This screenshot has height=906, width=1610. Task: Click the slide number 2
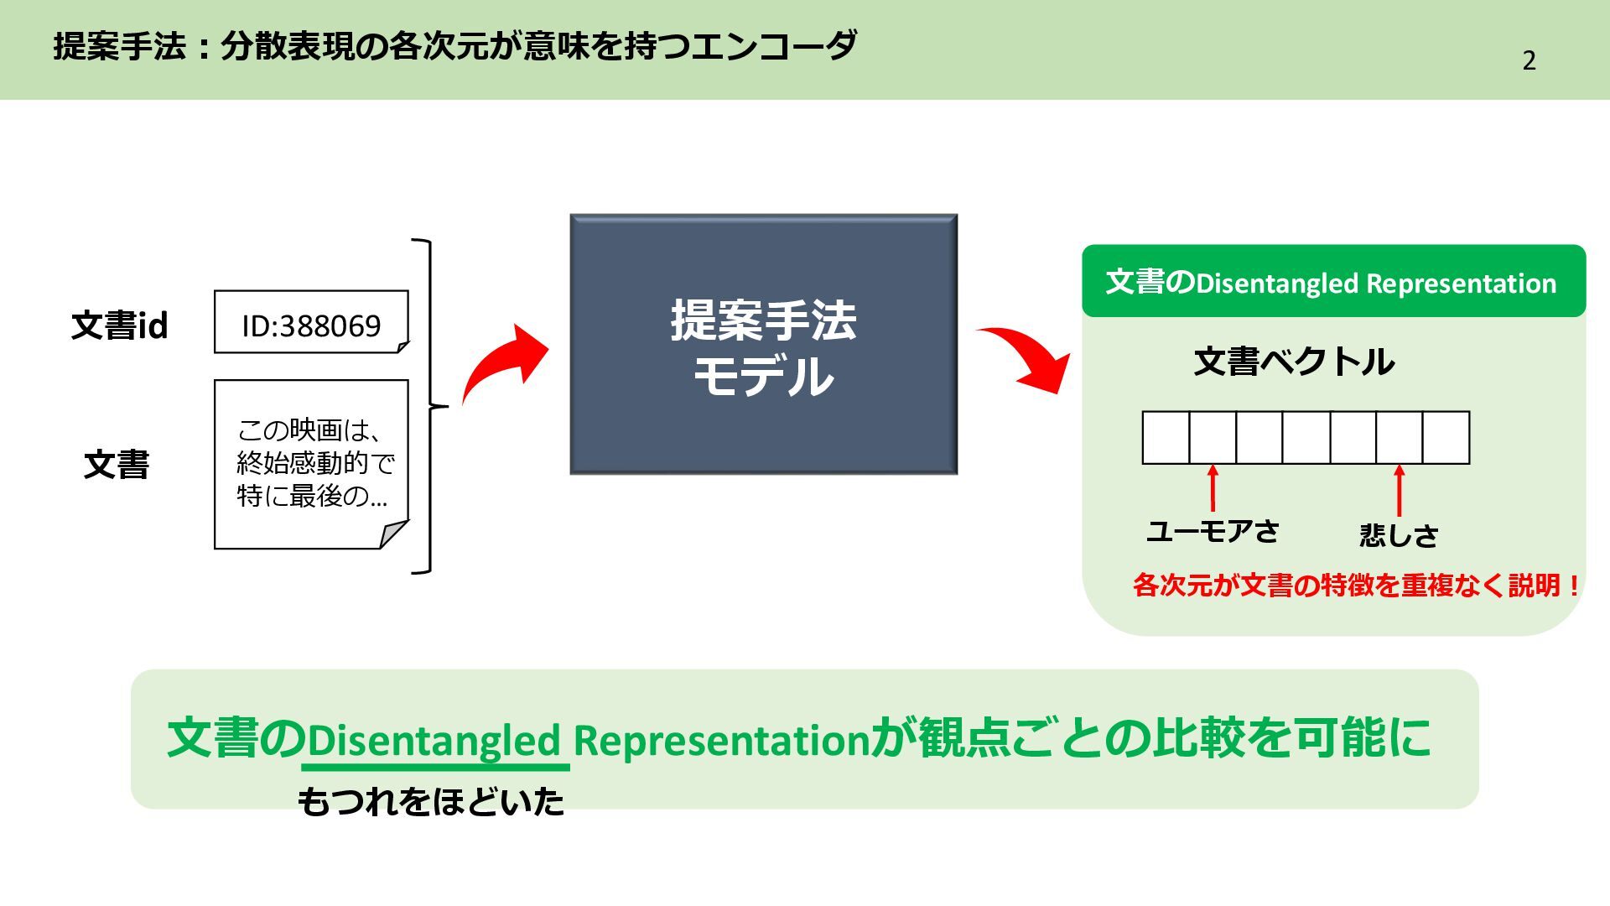pyautogui.click(x=1529, y=60)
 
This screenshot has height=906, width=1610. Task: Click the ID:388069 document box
pyautogui.click(x=311, y=323)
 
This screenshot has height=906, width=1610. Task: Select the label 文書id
pyautogui.click(x=119, y=325)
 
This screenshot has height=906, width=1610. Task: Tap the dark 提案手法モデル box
pyautogui.click(x=763, y=344)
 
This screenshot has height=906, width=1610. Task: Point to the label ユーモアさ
pyautogui.click(x=1212, y=531)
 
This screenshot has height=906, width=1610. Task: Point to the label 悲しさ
pyautogui.click(x=1398, y=535)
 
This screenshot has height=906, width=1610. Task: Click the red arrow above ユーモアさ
pyautogui.click(x=1213, y=488)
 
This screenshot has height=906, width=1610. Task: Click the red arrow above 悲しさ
pyautogui.click(x=1399, y=491)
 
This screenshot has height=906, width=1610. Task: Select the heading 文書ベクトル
pyautogui.click(x=1294, y=362)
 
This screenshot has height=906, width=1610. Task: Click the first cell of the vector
pyautogui.click(x=1166, y=437)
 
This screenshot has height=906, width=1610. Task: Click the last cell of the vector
pyautogui.click(x=1446, y=437)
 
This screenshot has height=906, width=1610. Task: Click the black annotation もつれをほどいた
pyautogui.click(x=431, y=802)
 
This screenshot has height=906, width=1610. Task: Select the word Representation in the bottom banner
pyautogui.click(x=721, y=740)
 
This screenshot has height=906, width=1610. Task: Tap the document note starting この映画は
pyautogui.click(x=311, y=464)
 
